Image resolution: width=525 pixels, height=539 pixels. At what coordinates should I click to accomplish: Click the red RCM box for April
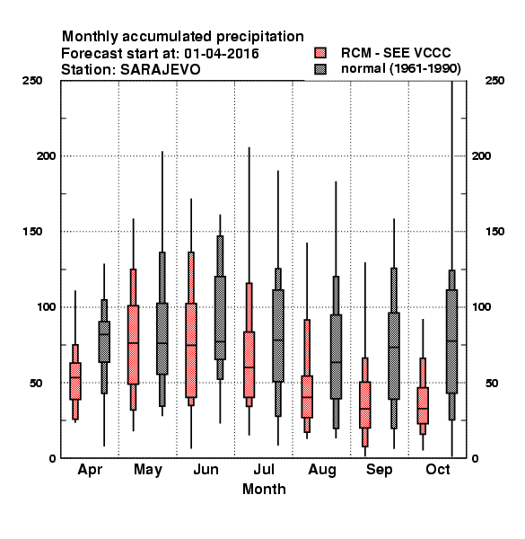(x=75, y=381)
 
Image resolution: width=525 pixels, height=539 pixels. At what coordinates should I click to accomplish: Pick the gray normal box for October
(x=452, y=341)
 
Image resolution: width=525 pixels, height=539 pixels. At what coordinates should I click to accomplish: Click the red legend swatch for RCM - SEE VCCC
(x=320, y=53)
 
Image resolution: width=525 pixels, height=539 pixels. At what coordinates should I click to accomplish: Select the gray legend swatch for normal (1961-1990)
(x=320, y=69)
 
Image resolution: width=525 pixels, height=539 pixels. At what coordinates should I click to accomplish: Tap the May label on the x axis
(x=148, y=470)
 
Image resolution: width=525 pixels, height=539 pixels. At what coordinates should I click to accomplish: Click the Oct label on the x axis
(x=438, y=469)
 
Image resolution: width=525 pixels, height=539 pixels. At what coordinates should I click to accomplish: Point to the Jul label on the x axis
(x=264, y=469)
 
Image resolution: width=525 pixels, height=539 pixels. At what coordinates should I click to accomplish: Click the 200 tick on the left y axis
(x=46, y=155)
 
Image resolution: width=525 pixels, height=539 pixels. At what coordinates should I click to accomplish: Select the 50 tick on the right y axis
(x=492, y=383)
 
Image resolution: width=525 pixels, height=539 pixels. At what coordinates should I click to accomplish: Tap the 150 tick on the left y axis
(x=32, y=232)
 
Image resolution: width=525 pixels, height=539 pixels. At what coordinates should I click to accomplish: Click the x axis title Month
(x=264, y=490)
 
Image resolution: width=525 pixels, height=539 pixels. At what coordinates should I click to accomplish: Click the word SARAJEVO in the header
(x=161, y=70)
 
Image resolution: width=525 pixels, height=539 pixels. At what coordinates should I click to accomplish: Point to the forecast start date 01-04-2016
(x=222, y=54)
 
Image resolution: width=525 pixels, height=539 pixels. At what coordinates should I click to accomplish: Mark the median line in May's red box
(x=133, y=343)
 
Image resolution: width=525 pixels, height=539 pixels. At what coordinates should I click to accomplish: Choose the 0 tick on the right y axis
(x=475, y=458)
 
